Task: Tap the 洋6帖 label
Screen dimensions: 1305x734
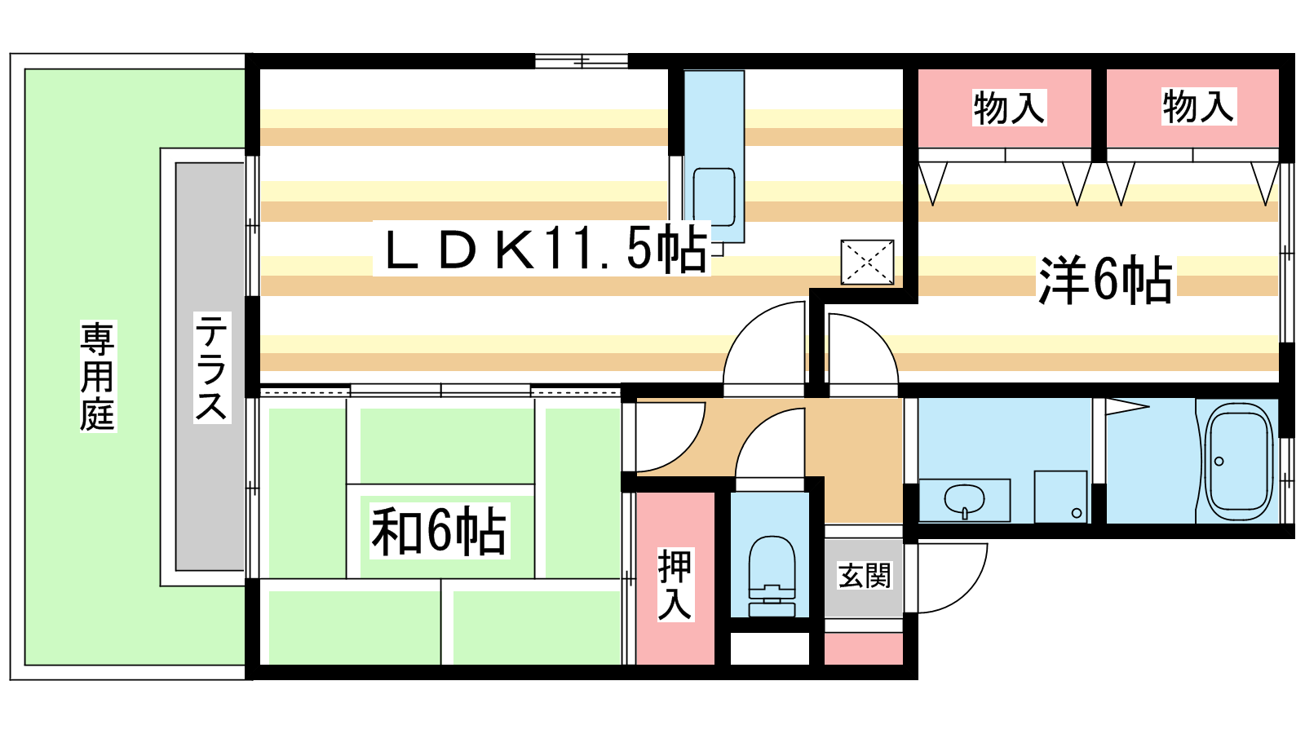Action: click(1105, 281)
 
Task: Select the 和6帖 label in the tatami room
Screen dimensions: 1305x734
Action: click(440, 531)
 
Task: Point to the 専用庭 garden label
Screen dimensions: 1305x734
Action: click(98, 376)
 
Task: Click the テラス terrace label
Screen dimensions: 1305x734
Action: click(211, 367)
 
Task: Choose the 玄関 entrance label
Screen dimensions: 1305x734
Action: click(864, 576)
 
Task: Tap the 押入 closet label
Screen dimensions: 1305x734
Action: click(675, 584)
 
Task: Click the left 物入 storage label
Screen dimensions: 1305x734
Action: click(1009, 108)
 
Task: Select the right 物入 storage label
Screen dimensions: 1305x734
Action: click(1198, 107)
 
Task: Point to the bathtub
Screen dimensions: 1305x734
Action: click(1239, 462)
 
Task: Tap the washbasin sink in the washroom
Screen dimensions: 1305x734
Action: click(964, 501)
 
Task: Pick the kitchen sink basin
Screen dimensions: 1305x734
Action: click(714, 197)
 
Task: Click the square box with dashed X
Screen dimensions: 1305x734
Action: click(868, 262)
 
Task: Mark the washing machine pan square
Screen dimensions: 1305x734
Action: click(1061, 497)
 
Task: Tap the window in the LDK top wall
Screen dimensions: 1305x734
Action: click(582, 61)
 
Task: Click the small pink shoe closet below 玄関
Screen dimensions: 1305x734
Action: click(864, 648)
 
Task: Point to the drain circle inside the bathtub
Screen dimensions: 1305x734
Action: click(1219, 462)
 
